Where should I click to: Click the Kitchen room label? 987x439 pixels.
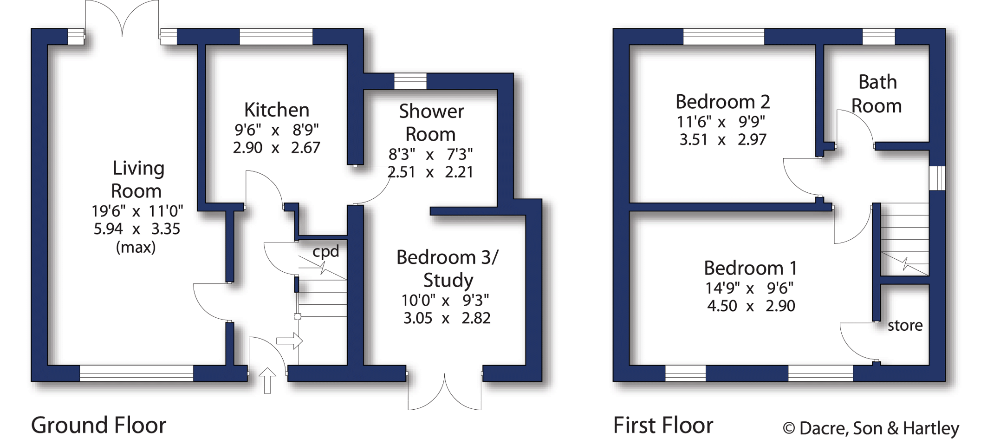pyautogui.click(x=277, y=110)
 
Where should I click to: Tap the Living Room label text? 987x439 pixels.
pyautogui.click(x=138, y=180)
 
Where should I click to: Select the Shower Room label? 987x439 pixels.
pyautogui.click(x=431, y=123)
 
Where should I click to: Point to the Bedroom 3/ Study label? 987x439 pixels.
pyautogui.click(x=448, y=269)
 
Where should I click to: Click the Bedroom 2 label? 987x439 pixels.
pyautogui.click(x=723, y=101)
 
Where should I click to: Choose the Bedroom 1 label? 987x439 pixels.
pyautogui.click(x=751, y=268)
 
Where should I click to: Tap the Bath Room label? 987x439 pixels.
pyautogui.click(x=877, y=94)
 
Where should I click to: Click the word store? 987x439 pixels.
pyautogui.click(x=905, y=326)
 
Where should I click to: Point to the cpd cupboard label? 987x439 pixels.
pyautogui.click(x=326, y=252)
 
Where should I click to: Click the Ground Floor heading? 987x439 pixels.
pyautogui.click(x=98, y=425)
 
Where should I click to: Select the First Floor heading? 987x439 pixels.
pyautogui.click(x=663, y=425)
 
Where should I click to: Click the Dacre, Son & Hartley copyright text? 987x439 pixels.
pyautogui.click(x=871, y=428)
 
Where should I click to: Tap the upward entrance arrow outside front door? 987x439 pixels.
pyautogui.click(x=267, y=380)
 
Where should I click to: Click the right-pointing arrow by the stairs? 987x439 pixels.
pyautogui.click(x=290, y=341)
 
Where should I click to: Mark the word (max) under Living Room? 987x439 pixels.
pyautogui.click(x=136, y=247)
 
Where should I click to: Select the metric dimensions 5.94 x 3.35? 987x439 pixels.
pyautogui.click(x=137, y=229)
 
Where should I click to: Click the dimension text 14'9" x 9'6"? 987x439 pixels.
pyautogui.click(x=749, y=288)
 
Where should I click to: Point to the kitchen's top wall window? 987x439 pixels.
pyautogui.click(x=276, y=37)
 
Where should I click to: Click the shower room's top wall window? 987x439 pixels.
pyautogui.click(x=410, y=81)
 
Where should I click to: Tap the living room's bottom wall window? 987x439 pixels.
pyautogui.click(x=136, y=373)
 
